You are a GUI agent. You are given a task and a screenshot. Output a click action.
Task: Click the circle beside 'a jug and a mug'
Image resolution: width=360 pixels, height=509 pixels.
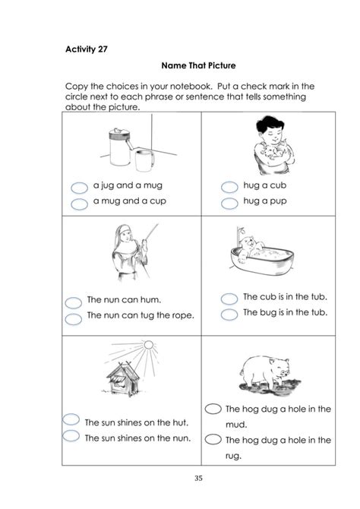point(79,188)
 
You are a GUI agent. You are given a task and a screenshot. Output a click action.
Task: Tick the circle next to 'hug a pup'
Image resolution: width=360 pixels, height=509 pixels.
point(229,203)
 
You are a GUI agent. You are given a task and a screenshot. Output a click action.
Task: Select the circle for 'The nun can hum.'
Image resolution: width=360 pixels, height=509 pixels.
point(74,302)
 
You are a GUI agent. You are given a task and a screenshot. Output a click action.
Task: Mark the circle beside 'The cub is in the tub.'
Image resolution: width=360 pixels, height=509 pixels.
point(229,299)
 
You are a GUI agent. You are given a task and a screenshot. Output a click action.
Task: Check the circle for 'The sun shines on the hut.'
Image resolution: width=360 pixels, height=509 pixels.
point(71,419)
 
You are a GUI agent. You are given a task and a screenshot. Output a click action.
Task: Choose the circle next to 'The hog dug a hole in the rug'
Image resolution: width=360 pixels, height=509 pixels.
point(213,439)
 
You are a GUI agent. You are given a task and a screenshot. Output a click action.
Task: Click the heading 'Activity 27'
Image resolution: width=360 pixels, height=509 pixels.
point(87,49)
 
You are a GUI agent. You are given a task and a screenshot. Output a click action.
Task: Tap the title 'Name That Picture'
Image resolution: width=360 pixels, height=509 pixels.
point(198,65)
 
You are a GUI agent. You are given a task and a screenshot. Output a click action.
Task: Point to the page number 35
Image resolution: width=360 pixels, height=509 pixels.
point(199,478)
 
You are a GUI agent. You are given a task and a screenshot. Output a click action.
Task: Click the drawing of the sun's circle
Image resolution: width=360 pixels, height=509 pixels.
point(148,345)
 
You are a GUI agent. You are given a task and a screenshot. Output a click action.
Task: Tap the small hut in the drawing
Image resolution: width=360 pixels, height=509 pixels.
point(123,379)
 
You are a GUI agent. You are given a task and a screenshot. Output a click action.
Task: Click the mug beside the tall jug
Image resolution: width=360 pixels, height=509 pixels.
point(144,160)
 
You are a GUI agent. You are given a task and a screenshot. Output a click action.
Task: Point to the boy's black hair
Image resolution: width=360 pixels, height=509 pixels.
point(269,124)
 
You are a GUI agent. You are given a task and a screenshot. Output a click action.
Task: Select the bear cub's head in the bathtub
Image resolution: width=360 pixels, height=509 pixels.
point(248,243)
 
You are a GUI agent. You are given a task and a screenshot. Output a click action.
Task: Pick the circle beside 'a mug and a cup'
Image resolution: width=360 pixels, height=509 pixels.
point(79,204)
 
